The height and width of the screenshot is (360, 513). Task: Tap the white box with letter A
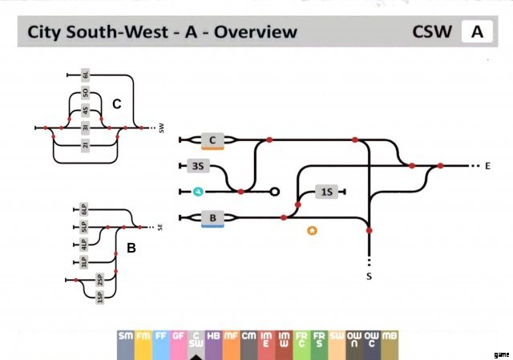[x=477, y=32]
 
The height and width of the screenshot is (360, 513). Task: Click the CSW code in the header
[x=433, y=32]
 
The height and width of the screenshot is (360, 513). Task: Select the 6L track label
[x=86, y=76]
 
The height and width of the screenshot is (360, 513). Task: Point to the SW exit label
[x=161, y=127]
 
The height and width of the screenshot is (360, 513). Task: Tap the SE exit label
[x=160, y=227]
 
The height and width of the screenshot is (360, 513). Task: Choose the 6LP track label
[x=83, y=210]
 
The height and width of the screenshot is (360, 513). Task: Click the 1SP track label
[x=99, y=296]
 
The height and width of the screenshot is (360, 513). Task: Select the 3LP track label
[x=83, y=261]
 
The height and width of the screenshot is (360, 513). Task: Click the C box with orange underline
[x=212, y=141]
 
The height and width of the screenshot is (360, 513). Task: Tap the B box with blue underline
[x=212, y=217]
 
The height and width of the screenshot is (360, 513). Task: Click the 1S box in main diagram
[x=326, y=192]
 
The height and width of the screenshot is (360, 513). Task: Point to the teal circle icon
[x=198, y=192]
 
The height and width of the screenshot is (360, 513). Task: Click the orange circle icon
[x=312, y=231]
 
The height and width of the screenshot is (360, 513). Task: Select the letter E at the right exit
[x=486, y=166]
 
